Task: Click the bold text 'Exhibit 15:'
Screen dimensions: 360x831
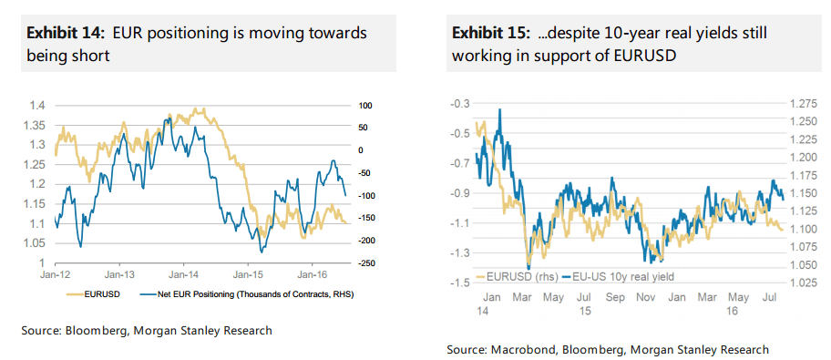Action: click(x=489, y=33)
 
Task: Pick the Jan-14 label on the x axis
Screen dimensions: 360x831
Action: click(x=183, y=273)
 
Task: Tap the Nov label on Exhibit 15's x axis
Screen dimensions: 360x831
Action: click(x=642, y=297)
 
